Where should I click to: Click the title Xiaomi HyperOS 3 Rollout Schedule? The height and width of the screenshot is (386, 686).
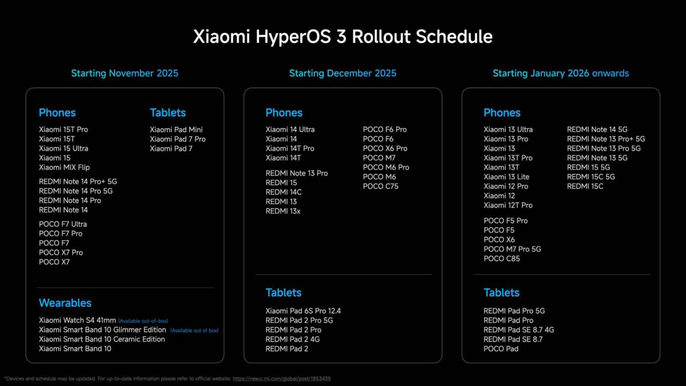pos(343,37)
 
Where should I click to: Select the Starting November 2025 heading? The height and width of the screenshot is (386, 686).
pos(125,73)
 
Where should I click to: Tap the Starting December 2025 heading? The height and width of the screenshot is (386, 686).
pos(342,73)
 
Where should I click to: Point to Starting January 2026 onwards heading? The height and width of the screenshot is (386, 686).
pos(561,73)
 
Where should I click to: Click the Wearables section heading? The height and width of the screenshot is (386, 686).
pos(65,303)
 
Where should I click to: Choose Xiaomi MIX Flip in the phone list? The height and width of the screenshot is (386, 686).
pos(64,167)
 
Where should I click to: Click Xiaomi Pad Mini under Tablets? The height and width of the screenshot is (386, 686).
pos(176,130)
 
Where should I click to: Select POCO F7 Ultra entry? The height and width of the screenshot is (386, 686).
pos(63,224)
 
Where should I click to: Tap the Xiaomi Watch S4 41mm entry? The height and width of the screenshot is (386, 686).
pos(77,320)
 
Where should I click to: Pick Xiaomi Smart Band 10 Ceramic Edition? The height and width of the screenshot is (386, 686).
pos(102,339)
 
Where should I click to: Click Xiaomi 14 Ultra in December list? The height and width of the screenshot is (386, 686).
pos(290,130)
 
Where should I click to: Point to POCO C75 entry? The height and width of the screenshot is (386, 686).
pos(381,186)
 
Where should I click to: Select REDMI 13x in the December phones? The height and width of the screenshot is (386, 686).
pos(282,211)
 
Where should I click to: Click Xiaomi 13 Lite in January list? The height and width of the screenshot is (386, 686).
pos(506,177)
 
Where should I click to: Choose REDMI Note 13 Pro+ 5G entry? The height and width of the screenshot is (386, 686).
pos(606,139)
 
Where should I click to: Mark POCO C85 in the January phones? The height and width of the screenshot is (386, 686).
pos(501,258)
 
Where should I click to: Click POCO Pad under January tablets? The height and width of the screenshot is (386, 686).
pos(501,348)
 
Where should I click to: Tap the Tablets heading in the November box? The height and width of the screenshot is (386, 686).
pos(167,113)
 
